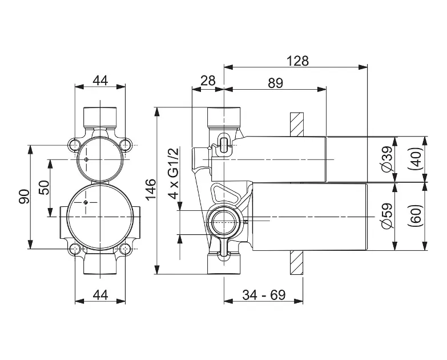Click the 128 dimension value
[x=297, y=61]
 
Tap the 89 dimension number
[x=275, y=83]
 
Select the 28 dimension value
[x=208, y=81]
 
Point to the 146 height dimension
[x=151, y=189]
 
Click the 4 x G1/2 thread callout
[x=174, y=173]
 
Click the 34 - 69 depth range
[x=264, y=295]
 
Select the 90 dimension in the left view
[x=24, y=197]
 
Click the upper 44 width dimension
[x=100, y=81]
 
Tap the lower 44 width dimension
[x=100, y=295]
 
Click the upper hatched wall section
[x=296, y=125]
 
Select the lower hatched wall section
[x=296, y=263]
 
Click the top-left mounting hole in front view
[x=75, y=145]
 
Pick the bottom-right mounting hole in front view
[x=125, y=249]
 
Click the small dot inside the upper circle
[x=86, y=159]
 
